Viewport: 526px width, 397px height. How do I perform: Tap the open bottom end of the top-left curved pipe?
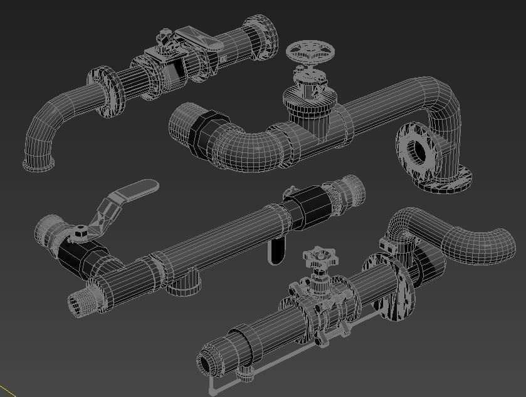(x=38, y=165)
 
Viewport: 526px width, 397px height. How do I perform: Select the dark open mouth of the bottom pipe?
(x=206, y=364)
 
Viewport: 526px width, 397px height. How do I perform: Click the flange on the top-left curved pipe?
(x=107, y=92)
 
